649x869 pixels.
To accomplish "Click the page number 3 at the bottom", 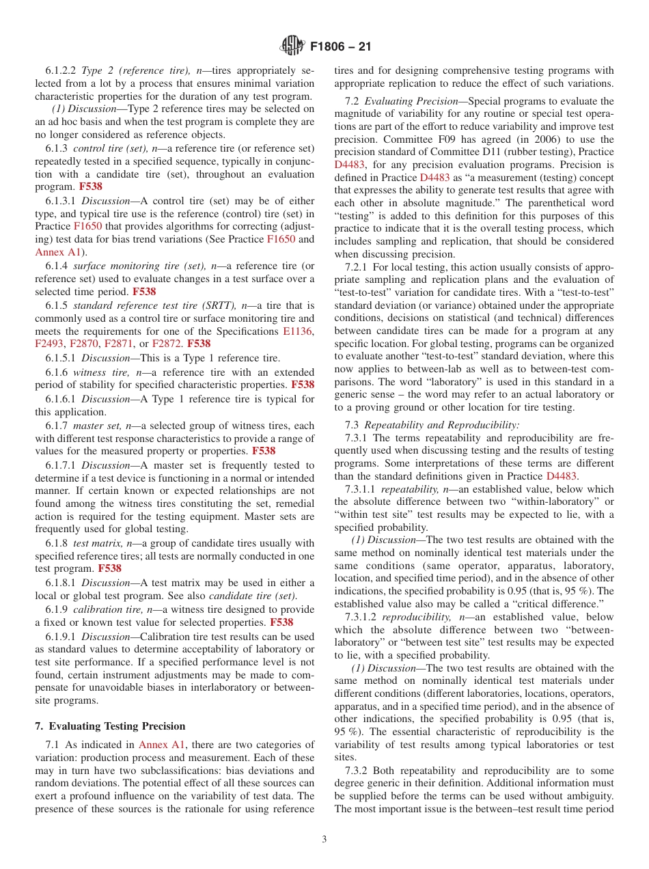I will point(324,840).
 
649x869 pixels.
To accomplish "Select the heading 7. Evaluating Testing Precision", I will point(109,726).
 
